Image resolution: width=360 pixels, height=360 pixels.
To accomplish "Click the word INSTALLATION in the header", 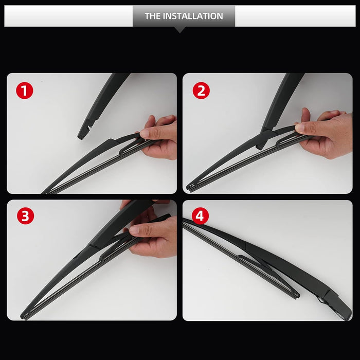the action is (x=193, y=16).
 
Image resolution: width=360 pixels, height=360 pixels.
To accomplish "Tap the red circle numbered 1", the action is (x=25, y=91).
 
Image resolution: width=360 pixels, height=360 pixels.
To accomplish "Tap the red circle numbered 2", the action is (x=201, y=91).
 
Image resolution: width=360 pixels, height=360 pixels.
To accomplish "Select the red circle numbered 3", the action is (x=26, y=216).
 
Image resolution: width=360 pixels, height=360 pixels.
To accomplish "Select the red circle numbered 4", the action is (x=200, y=216).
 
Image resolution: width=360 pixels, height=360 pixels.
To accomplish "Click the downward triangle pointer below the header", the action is (x=180, y=30).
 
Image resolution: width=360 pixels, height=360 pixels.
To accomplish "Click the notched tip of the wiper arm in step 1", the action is (x=83, y=134).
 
